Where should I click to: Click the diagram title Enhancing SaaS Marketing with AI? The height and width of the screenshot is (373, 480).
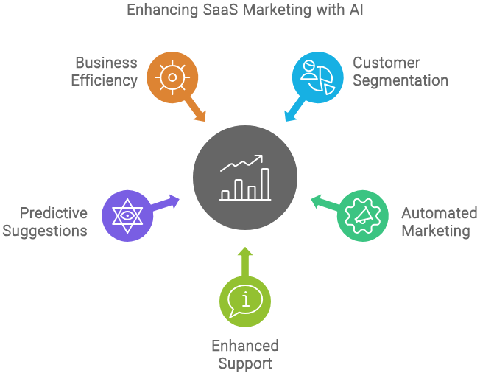tap(239, 11)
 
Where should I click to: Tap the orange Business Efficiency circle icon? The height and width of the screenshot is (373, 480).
tap(172, 76)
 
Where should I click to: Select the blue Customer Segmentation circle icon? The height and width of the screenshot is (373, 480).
tap(317, 76)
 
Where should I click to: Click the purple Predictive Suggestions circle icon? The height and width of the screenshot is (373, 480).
tap(127, 215)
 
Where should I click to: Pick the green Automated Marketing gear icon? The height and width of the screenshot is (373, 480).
tap(363, 215)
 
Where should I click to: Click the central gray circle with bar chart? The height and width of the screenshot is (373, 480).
tap(245, 178)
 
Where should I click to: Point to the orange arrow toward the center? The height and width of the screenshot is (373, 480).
tap(197, 111)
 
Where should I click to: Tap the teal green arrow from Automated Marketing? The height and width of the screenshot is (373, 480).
tap(324, 202)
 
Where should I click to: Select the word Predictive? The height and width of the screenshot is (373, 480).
tap(54, 213)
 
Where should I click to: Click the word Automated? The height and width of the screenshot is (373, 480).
tap(439, 213)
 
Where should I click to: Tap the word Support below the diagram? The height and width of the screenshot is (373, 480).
tap(245, 363)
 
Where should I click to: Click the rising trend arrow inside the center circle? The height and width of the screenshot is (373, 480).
tap(242, 163)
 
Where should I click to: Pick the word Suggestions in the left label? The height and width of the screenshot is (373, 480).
tap(45, 231)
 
